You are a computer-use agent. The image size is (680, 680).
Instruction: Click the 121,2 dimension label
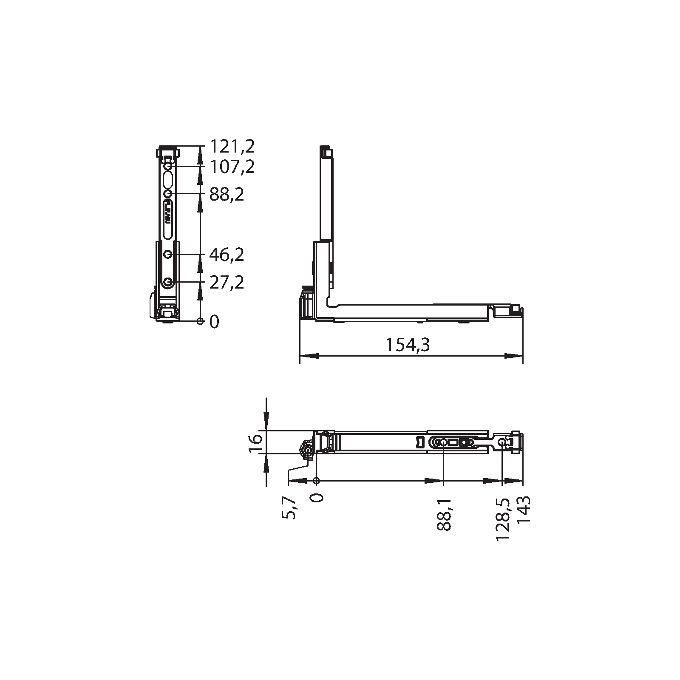[x=232, y=147]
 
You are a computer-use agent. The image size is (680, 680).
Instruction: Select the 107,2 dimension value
[x=232, y=167]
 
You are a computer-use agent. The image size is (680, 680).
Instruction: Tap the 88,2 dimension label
[x=227, y=195]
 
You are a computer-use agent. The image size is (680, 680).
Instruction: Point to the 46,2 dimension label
[x=227, y=255]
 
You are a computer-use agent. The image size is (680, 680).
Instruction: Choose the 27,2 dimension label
[x=227, y=283]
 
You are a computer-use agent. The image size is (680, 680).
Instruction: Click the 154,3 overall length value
[x=408, y=345]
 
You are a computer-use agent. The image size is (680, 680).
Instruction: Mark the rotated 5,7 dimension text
[x=289, y=508]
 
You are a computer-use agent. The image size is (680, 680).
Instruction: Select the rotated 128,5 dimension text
[x=503, y=518]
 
